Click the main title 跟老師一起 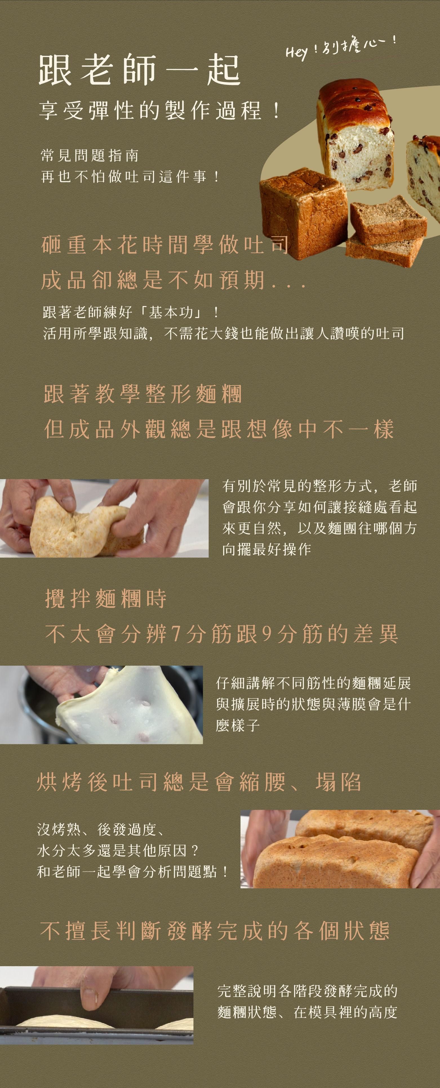(x=139, y=70)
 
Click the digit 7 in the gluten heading (x=176, y=634)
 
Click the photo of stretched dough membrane (x=101, y=704)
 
